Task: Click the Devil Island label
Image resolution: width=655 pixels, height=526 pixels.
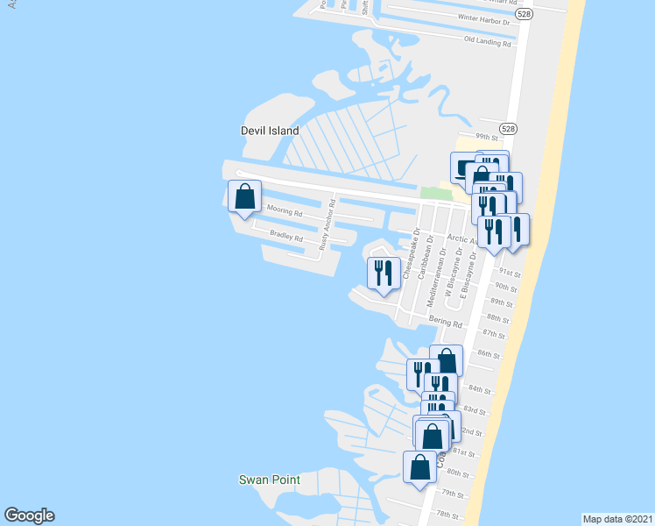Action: (270, 131)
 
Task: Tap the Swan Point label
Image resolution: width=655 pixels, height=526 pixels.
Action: (270, 480)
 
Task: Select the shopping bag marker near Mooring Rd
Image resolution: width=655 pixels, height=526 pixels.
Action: (244, 196)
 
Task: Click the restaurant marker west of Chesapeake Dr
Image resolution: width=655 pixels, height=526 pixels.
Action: (383, 274)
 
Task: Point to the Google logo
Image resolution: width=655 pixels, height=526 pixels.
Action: (29, 515)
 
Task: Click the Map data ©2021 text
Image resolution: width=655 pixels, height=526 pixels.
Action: (617, 518)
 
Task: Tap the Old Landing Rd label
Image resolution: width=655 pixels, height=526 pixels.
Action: (487, 40)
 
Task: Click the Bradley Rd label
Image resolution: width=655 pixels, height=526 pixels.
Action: (286, 237)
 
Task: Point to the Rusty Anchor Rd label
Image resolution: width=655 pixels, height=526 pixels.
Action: (327, 227)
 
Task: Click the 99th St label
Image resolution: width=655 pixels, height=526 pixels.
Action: (486, 137)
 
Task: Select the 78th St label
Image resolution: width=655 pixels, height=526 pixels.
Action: (448, 515)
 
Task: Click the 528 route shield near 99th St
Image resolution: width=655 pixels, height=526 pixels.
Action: (510, 128)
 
